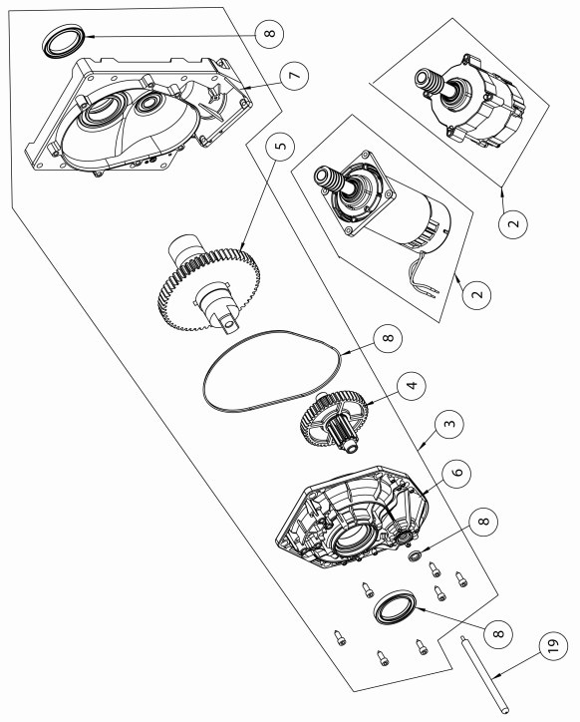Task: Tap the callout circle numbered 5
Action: coord(280,146)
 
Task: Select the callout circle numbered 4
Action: coord(412,385)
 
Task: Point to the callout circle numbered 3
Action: coord(449,423)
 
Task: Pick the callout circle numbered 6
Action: coord(456,473)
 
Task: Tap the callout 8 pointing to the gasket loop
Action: coord(388,338)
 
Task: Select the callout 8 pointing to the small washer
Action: coord(483,523)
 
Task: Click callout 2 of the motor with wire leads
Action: coord(477,293)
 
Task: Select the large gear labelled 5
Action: coord(208,283)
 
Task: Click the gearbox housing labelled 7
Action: coord(139,115)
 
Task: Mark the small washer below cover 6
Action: coord(414,555)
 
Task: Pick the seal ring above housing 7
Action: coord(64,42)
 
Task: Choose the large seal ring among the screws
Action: coord(395,607)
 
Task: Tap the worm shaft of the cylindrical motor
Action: coord(331,180)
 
